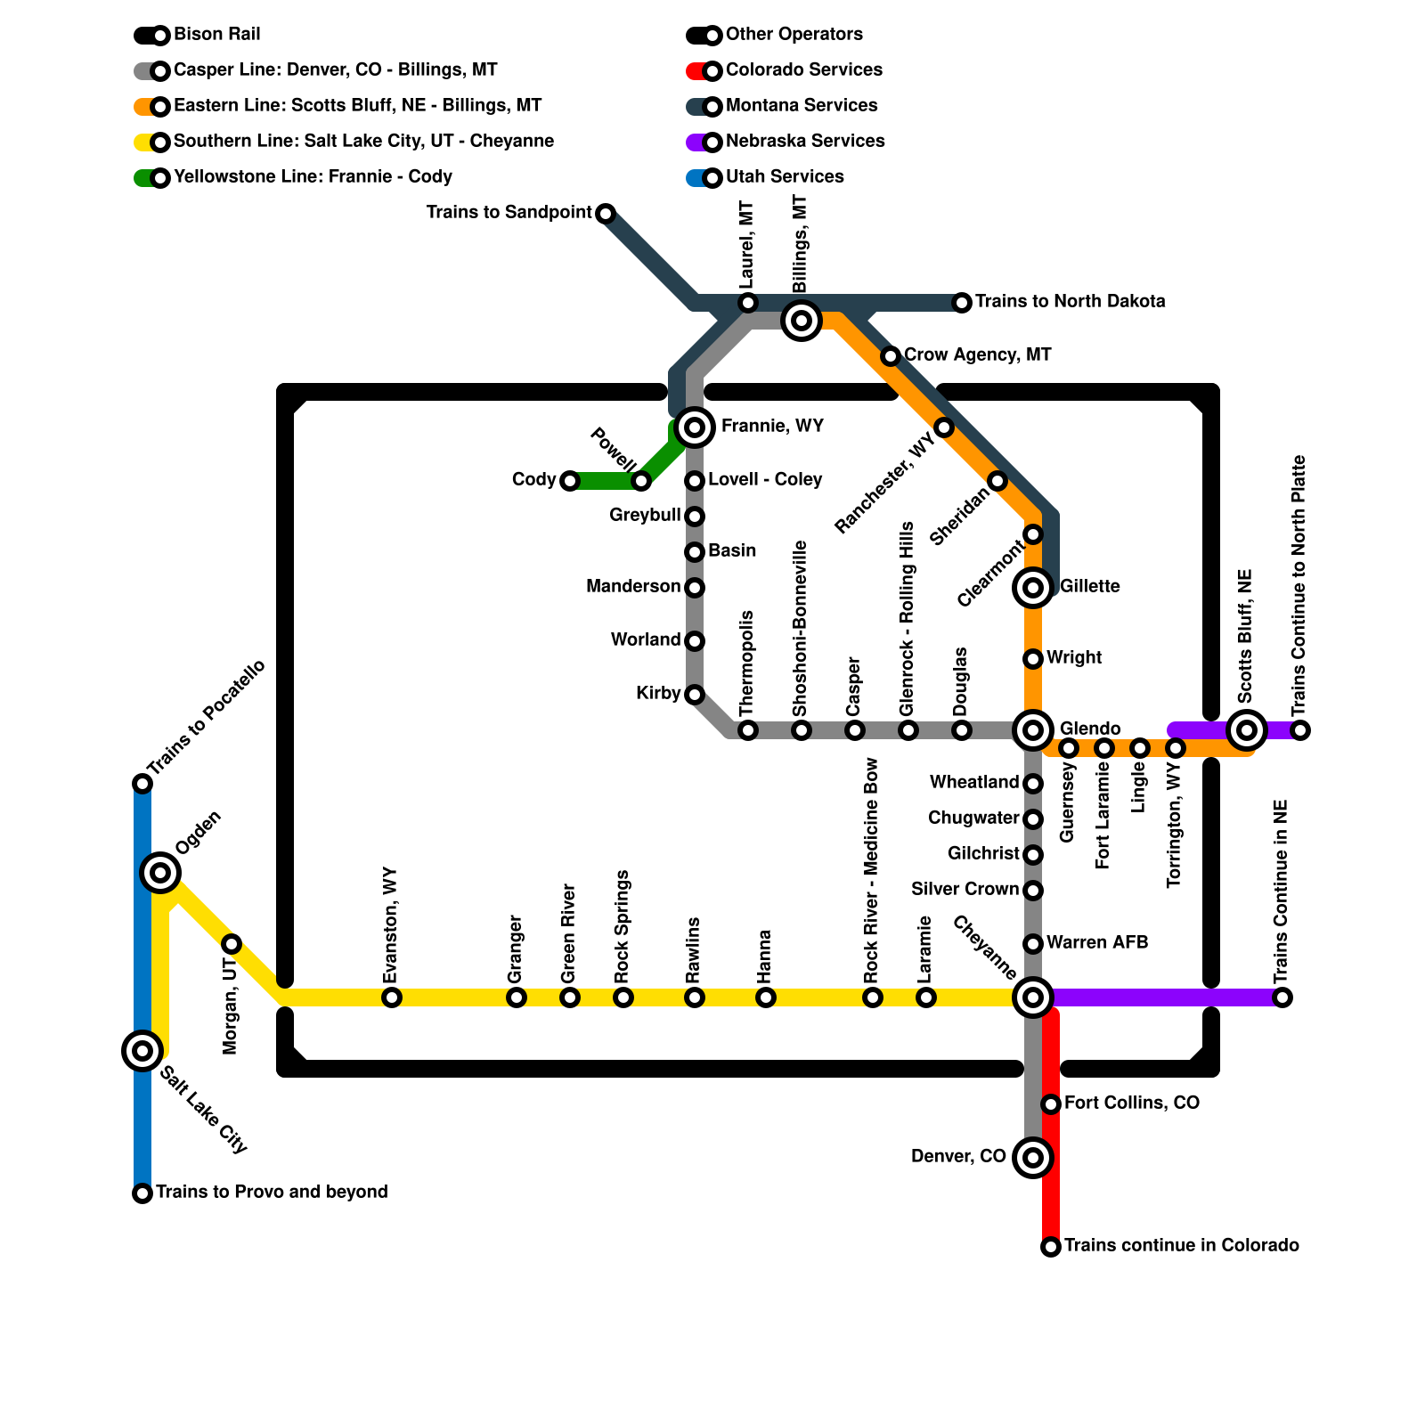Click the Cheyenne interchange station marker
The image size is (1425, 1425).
[x=1033, y=997]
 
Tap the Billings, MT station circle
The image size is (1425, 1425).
[x=801, y=320]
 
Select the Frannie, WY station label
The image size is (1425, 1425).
[x=772, y=427]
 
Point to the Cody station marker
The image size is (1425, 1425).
[x=570, y=481]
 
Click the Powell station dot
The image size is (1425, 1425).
[x=641, y=481]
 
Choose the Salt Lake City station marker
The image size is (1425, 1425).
[x=142, y=1050]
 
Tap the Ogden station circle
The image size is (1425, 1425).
[x=160, y=872]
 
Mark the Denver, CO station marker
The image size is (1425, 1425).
[x=1033, y=1157]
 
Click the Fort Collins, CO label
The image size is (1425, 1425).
[x=1131, y=1103]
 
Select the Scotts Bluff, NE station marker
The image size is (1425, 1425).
[x=1246, y=730]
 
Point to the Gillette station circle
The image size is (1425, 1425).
[x=1033, y=587]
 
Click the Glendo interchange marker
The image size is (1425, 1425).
[x=1033, y=730]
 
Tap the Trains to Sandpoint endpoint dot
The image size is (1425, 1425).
[x=606, y=214]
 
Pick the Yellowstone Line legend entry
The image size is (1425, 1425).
[x=313, y=177]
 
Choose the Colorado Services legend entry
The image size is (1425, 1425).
[x=803, y=70]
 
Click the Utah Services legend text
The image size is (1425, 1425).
[x=785, y=177]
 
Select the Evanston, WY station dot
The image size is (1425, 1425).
[x=392, y=997]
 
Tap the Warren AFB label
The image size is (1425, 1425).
[x=1096, y=943]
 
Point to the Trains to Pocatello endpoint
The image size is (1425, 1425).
[x=142, y=784]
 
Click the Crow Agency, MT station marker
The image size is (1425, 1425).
[x=891, y=356]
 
